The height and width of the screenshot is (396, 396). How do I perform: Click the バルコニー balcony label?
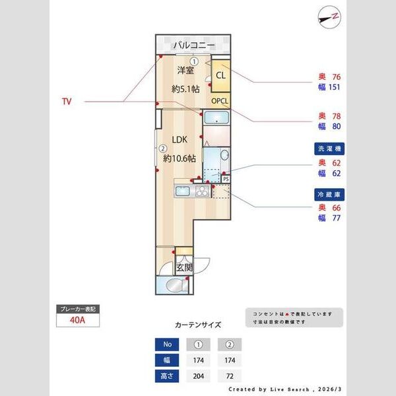pos(194,46)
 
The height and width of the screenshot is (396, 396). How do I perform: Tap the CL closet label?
pos(220,76)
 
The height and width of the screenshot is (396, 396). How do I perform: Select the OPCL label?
pos(220,101)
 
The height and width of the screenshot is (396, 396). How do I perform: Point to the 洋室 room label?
pos(185,72)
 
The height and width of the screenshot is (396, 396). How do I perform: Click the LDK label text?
pos(180,140)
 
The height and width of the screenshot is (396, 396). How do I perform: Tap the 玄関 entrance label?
pos(184,267)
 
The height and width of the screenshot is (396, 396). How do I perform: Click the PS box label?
pos(226,178)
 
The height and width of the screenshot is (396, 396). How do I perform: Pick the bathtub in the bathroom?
pos(216,119)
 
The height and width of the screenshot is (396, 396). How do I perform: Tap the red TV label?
pos(66,102)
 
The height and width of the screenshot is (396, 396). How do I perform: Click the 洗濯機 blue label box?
pos(329,149)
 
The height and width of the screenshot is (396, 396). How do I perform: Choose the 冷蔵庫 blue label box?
pos(329,195)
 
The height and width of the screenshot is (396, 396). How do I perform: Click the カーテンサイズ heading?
pos(198,325)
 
